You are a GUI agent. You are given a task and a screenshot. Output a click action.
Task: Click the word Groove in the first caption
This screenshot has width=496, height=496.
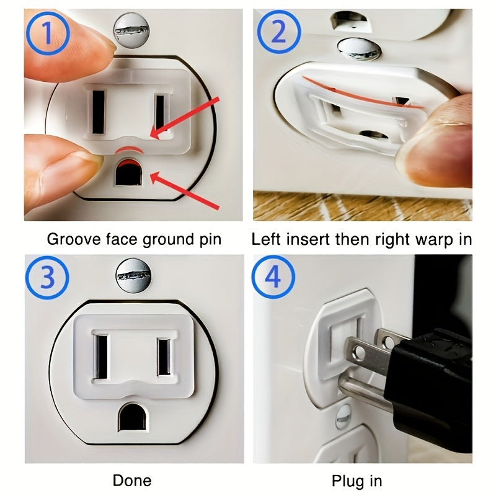coord(68,239)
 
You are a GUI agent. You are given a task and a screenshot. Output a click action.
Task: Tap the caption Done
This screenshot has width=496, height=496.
coord(132,480)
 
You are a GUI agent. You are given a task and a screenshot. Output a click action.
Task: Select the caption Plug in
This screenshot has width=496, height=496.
coord(356,480)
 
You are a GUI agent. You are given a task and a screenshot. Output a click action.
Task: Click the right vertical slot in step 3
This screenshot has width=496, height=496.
coord(164,356)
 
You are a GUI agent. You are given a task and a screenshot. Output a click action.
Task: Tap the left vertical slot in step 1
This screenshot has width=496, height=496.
coord(98,112)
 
